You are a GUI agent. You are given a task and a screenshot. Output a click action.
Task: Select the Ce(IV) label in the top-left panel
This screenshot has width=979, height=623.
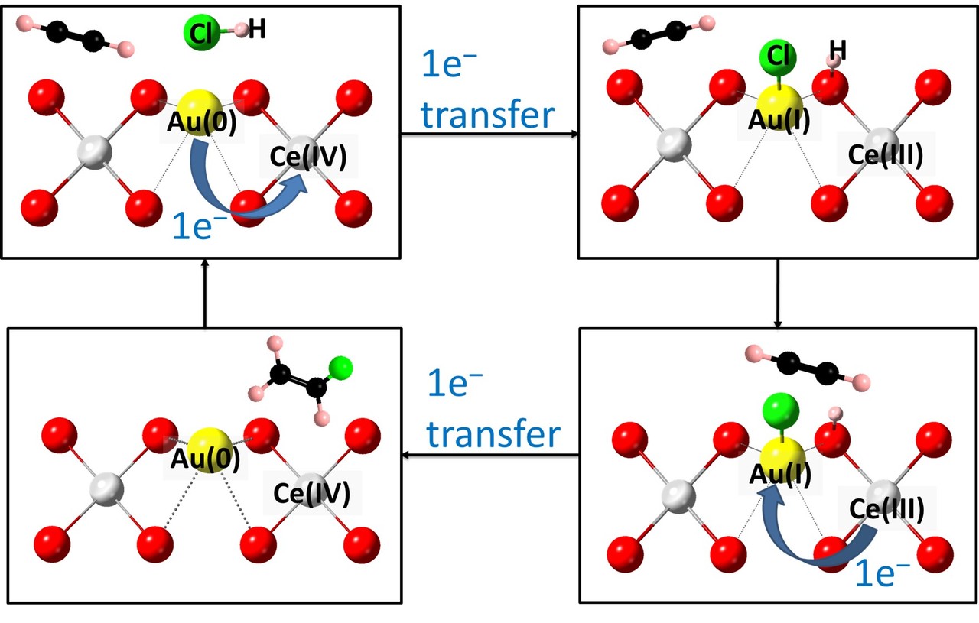(x=308, y=156)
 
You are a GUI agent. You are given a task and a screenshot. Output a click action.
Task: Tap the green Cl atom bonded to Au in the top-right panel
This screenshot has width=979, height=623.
(x=778, y=57)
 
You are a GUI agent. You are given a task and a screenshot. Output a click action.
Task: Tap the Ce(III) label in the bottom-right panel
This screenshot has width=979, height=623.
(x=885, y=508)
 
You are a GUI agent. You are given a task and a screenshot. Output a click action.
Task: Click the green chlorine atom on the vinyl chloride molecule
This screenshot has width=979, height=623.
(x=341, y=368)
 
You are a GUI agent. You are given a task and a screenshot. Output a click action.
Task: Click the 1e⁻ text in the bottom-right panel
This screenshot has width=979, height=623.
(x=882, y=573)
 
